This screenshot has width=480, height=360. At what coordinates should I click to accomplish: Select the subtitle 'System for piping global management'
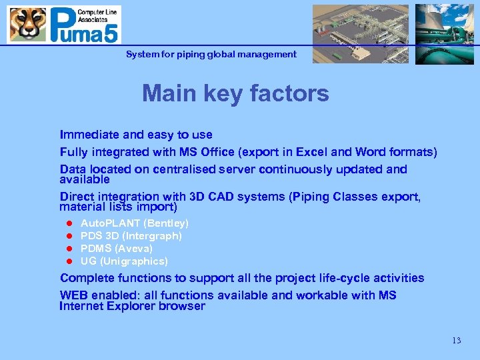pos(211,54)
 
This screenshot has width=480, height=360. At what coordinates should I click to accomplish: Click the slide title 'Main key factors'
pos(235,93)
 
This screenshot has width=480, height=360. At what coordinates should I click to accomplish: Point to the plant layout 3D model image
pos(359,33)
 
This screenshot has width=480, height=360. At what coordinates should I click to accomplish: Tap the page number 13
pos(456,341)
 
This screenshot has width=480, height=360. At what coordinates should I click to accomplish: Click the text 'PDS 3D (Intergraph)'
pos(131,236)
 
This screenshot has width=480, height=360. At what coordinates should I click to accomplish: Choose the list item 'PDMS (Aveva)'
pos(116,249)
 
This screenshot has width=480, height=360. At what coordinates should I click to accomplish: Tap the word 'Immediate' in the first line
pos(88,135)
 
